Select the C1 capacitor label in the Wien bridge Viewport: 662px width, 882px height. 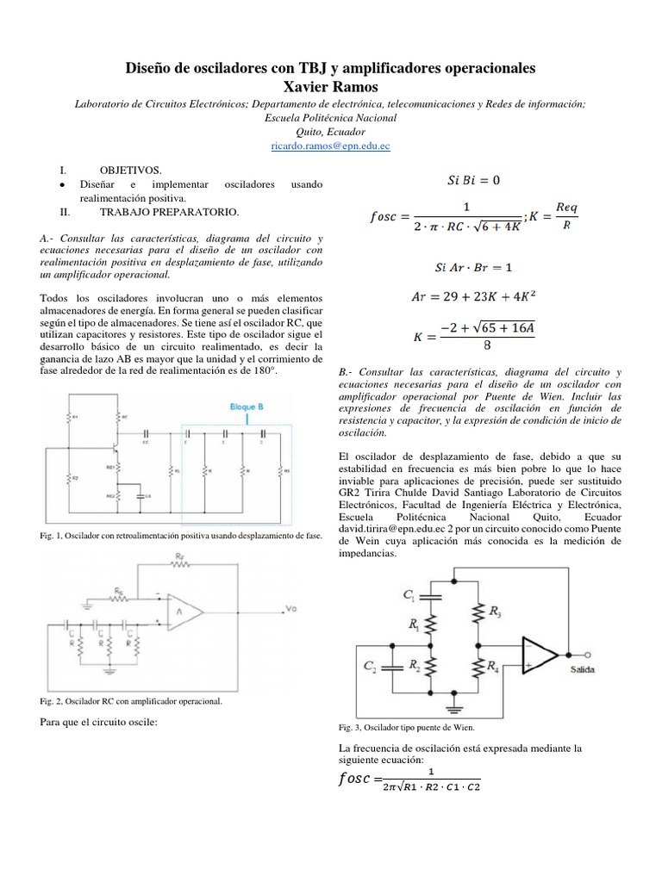[409, 593]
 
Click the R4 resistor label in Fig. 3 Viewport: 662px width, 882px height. [492, 667]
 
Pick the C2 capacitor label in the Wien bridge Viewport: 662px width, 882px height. [370, 666]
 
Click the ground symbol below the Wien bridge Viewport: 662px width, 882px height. [453, 710]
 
